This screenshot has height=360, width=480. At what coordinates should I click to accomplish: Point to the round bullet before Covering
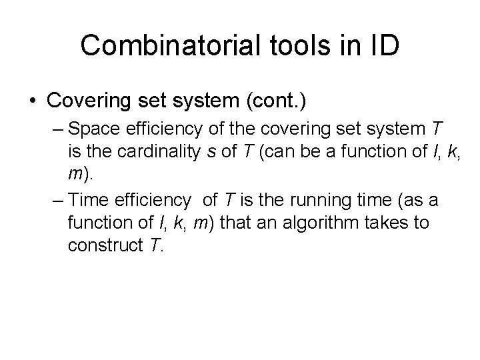tap(33, 102)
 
